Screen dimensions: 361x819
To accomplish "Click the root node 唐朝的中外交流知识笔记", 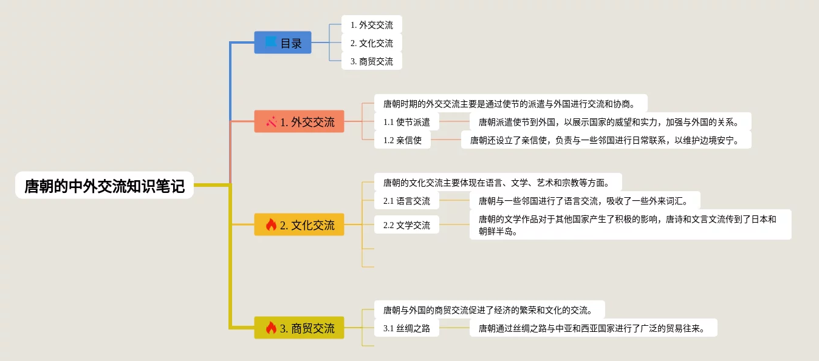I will [105, 186].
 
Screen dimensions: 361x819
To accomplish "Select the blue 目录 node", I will [283, 43].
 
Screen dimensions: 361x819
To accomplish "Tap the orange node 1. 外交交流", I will [299, 122].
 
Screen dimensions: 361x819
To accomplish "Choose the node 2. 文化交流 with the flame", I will [299, 225].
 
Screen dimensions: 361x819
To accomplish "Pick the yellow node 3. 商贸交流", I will [299, 328].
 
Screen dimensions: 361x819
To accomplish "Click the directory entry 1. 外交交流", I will [371, 25].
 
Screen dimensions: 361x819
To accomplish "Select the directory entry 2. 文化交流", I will [371, 43].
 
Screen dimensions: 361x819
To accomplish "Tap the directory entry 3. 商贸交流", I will [371, 61].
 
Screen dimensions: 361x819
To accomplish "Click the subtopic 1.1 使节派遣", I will [406, 122].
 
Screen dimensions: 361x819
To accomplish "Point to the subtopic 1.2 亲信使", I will [402, 140].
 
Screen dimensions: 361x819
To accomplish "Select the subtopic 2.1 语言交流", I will [406, 201].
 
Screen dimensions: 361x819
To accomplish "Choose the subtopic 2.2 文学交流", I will [406, 225].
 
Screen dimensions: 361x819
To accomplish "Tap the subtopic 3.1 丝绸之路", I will [406, 328].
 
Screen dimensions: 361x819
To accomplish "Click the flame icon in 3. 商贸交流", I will [271, 328].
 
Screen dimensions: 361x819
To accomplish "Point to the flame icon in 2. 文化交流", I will [271, 225].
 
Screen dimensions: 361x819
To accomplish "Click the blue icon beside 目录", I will [271, 42].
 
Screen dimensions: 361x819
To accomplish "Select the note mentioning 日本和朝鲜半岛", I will [630, 224].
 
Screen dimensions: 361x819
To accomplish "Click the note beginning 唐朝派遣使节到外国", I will [610, 122].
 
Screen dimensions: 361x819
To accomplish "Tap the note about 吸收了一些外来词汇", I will [584, 201].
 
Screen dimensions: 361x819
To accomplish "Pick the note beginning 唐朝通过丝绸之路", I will [593, 328].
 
